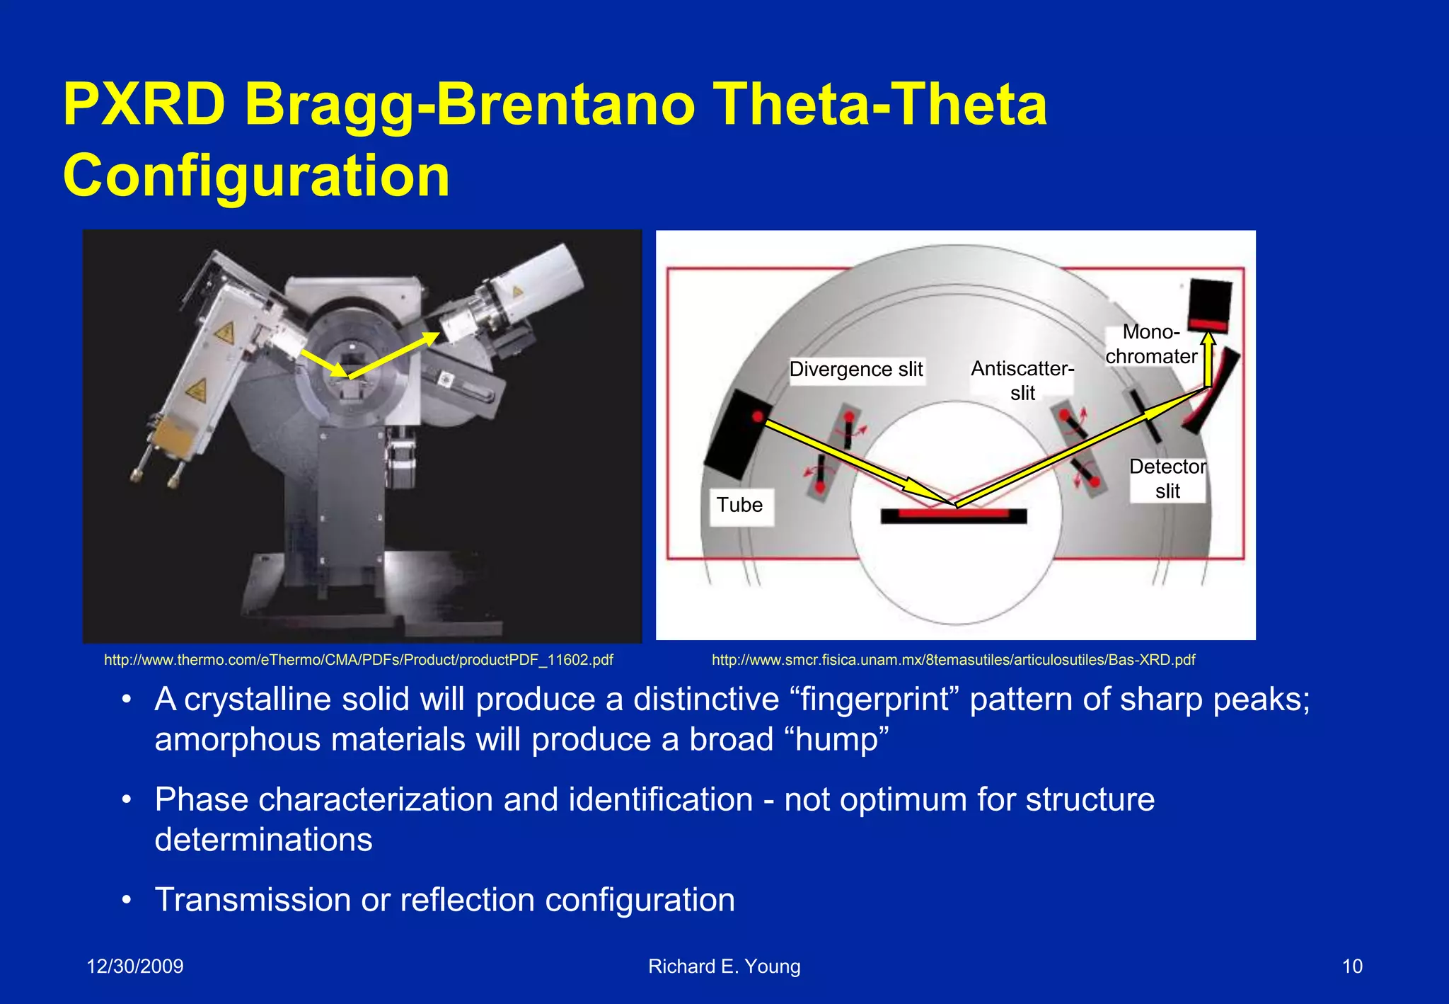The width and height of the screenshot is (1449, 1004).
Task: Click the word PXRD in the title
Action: point(144,105)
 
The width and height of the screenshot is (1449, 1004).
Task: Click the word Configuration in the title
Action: point(256,176)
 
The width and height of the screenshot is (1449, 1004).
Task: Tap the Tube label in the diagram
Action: point(739,505)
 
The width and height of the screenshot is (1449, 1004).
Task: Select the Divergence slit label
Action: point(855,369)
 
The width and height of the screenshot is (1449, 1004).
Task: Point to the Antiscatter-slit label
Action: point(1022,380)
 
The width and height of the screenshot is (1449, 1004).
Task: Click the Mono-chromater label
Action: point(1151,344)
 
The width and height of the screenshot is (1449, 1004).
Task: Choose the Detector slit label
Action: point(1167,479)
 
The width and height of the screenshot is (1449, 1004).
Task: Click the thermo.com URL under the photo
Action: point(358,660)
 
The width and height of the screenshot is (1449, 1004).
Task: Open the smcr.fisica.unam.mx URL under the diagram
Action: point(953,660)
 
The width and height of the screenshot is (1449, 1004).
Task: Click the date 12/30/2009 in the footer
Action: point(134,966)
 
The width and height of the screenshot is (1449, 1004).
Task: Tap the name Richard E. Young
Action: point(724,966)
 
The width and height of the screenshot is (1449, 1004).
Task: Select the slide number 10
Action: point(1351,966)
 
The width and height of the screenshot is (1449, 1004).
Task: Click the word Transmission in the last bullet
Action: point(252,900)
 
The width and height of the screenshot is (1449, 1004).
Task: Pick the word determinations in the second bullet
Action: point(263,840)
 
